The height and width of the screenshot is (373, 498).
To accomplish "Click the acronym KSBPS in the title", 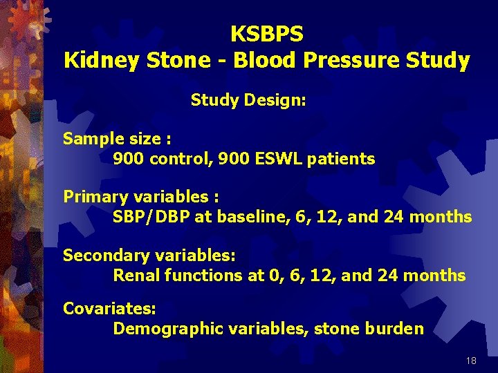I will (x=266, y=33).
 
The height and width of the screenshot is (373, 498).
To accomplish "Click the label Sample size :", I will (x=117, y=139).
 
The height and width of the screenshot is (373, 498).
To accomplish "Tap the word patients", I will (x=343, y=159).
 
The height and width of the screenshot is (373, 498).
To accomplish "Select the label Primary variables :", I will (x=140, y=197).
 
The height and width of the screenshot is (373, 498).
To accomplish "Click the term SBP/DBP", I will (x=151, y=218).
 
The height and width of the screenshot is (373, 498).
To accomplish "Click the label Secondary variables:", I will (x=149, y=256).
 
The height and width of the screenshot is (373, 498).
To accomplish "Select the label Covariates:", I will (x=109, y=308).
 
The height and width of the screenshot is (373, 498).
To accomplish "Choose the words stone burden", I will (x=369, y=328).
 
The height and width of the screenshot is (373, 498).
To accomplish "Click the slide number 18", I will (x=471, y=361).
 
